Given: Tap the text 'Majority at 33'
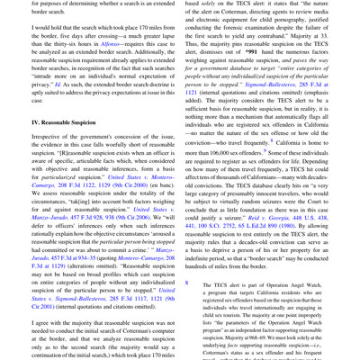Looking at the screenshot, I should (311, 39).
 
